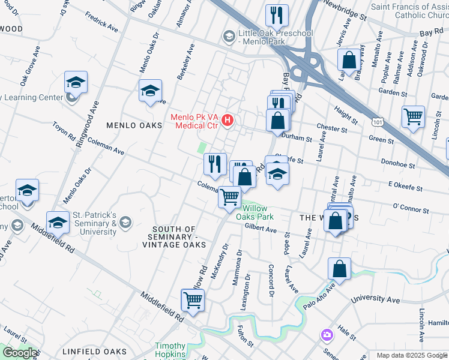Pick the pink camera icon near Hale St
(327, 334)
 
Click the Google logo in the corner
(20, 352)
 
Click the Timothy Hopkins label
(179, 346)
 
